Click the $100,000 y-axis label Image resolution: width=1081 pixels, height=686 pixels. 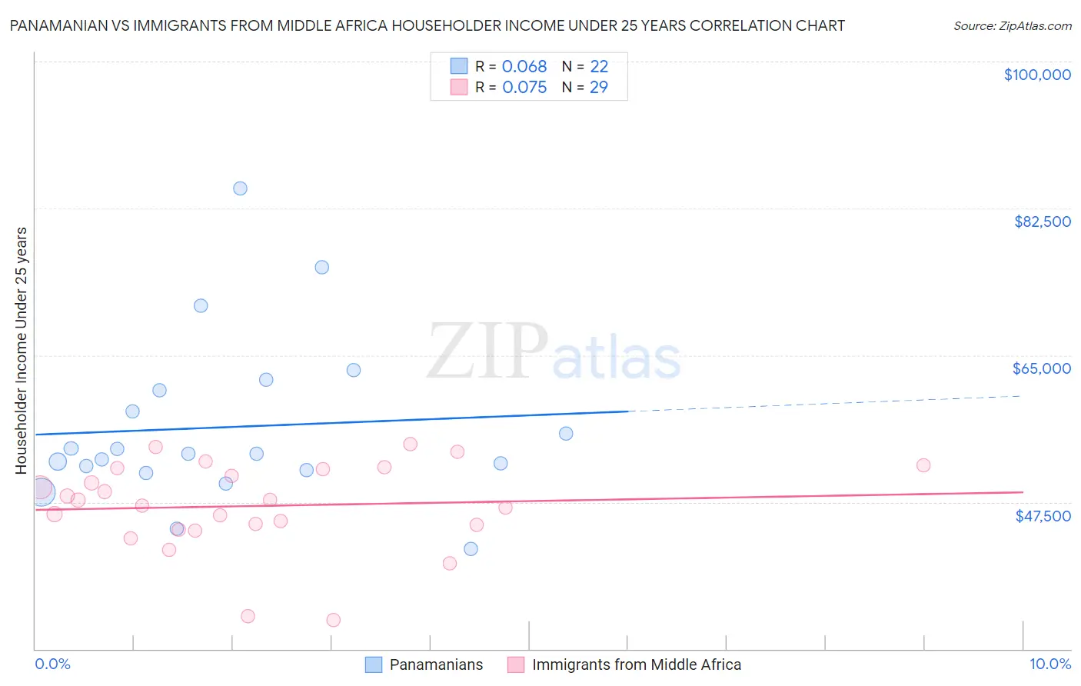pos(1037,75)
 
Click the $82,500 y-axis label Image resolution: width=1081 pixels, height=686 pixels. pos(1042,221)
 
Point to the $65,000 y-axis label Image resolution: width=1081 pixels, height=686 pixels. pos(1041,368)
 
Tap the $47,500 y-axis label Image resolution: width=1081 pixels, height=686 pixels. pos(1043,516)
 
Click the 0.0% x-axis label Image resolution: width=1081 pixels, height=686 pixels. pos(52,664)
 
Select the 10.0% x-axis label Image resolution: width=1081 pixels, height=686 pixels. pos(1049,664)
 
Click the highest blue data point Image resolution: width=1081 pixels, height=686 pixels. pos(240,188)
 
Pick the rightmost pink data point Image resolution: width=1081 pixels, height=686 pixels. pos(923,465)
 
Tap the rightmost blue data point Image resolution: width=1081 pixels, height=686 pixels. pos(566,434)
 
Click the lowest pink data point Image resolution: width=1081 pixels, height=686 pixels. pos(333,620)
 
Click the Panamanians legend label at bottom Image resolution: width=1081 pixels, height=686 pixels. pos(436,664)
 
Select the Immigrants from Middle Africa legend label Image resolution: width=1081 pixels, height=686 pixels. pos(636,664)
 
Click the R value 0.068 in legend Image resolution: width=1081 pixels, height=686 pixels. pos(524,67)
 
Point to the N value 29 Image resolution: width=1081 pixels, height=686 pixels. pos(599,88)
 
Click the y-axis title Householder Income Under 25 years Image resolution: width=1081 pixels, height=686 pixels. pos(21,350)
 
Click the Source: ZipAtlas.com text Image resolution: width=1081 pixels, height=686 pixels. pos(1012,26)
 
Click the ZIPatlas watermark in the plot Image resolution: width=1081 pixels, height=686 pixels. pos(554,352)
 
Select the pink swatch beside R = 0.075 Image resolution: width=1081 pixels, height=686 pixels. pos(459,87)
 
